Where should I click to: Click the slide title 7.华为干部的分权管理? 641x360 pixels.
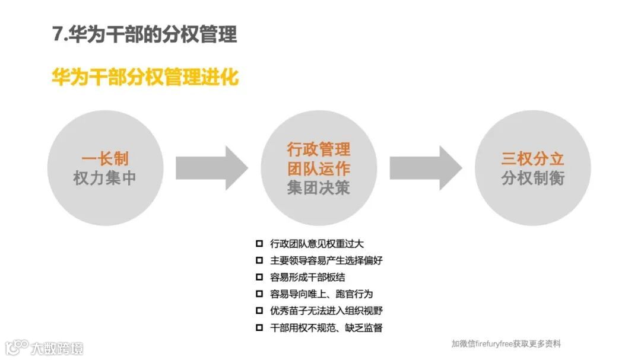(144, 34)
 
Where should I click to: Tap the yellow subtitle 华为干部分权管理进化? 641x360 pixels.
(145, 78)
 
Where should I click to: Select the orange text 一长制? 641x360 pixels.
(105, 159)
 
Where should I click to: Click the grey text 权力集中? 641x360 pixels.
(105, 178)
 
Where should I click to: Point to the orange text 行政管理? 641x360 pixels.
(319, 149)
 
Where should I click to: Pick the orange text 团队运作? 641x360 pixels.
(319, 168)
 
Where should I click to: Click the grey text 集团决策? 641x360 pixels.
(319, 187)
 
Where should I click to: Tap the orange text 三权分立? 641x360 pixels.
(532, 159)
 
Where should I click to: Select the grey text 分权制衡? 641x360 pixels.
(532, 178)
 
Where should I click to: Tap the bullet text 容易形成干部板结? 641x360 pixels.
(307, 277)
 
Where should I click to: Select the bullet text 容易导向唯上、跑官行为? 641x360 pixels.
(321, 294)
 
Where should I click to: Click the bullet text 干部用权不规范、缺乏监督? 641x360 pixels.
(326, 327)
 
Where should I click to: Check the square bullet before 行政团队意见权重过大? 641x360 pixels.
(259, 244)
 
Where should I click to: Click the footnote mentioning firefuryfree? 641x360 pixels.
(506, 343)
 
